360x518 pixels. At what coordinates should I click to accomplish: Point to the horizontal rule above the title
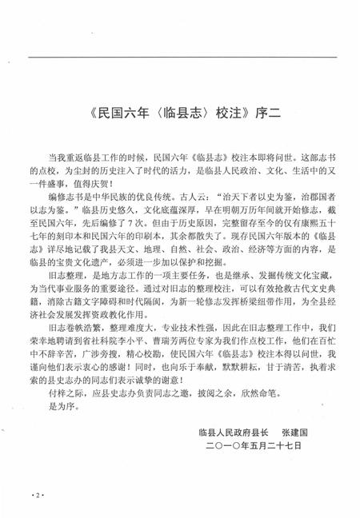click(180, 57)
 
